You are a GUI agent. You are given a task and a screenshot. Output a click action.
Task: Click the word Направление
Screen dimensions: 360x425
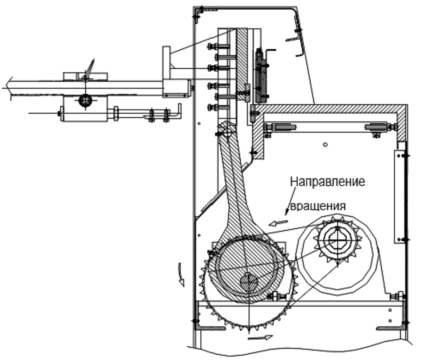point(327,183)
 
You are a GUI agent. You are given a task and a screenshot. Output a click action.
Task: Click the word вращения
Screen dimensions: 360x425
point(317,207)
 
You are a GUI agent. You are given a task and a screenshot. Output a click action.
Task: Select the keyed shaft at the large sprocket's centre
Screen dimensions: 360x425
point(249,282)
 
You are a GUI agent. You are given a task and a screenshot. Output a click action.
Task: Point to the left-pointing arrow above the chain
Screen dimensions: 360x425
point(278,223)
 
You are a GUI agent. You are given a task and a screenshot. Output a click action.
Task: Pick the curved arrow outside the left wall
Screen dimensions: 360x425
point(179,274)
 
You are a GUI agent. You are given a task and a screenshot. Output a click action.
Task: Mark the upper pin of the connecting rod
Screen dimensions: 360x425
point(225,130)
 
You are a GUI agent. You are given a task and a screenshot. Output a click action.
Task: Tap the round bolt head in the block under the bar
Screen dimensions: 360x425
point(85,101)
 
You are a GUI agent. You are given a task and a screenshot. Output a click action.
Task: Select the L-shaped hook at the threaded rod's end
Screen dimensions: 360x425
point(175,112)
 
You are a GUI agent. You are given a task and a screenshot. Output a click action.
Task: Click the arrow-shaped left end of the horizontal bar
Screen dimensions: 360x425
point(7,84)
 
